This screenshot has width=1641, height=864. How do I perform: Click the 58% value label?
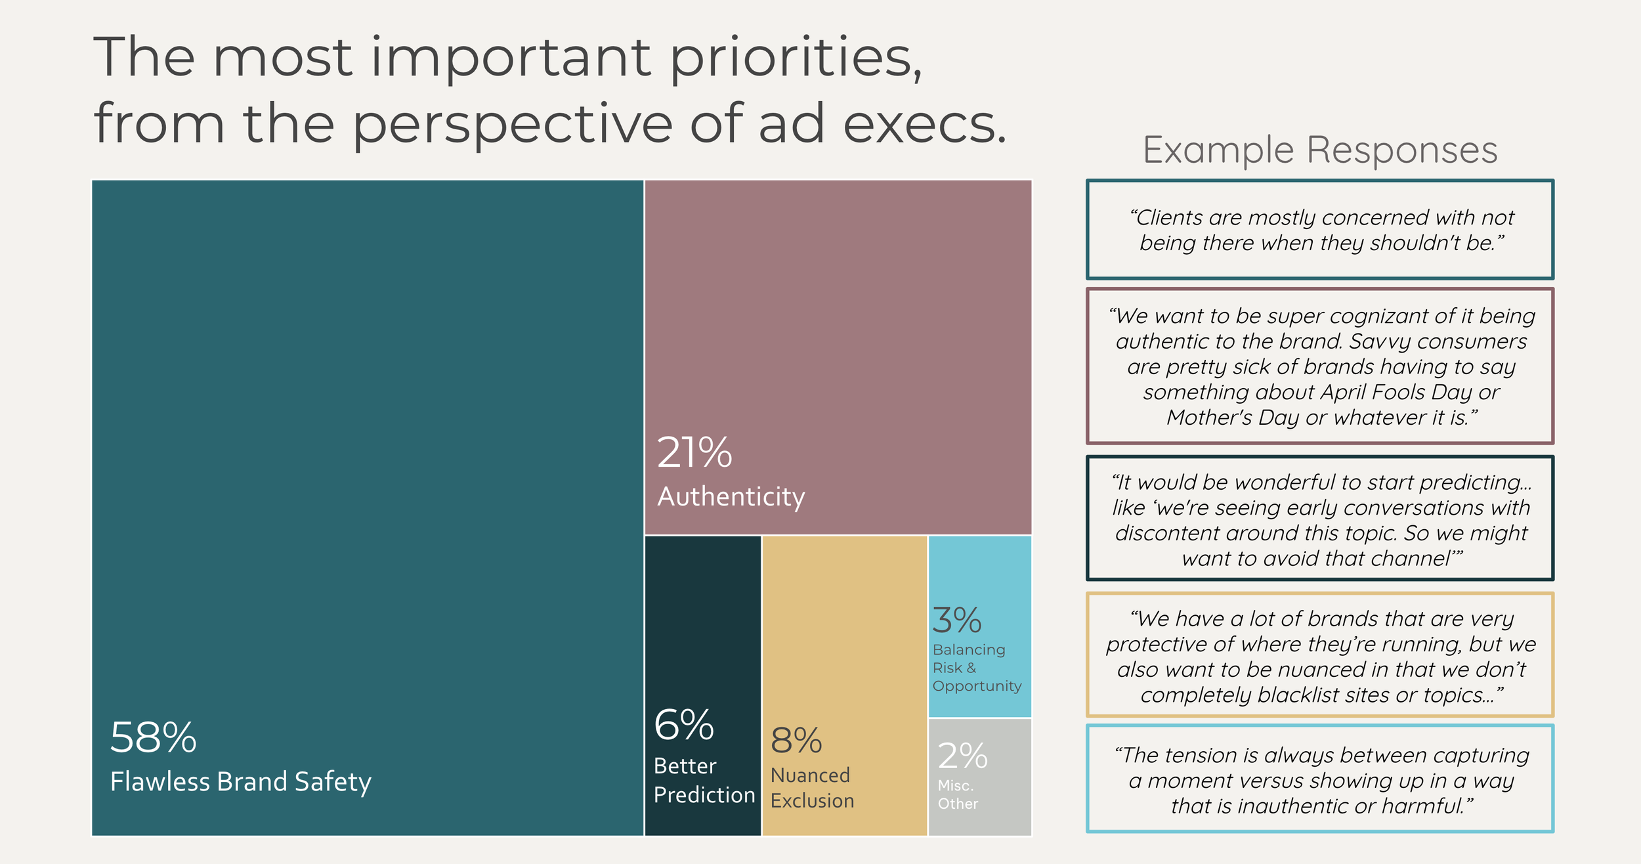pyautogui.click(x=153, y=738)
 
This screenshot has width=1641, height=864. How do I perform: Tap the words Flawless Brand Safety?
pyautogui.click(x=240, y=782)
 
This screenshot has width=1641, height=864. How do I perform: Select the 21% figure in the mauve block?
pyautogui.click(x=694, y=453)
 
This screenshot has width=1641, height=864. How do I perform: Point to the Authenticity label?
pyautogui.click(x=731, y=497)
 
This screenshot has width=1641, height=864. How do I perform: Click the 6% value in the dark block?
pyautogui.click(x=683, y=725)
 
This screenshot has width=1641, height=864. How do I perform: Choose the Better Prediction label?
pyautogui.click(x=704, y=781)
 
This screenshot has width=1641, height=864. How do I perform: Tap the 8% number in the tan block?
pyautogui.click(x=796, y=741)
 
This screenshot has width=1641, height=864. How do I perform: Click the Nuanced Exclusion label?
pyautogui.click(x=812, y=788)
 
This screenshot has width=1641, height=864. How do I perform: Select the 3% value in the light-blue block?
pyautogui.click(x=957, y=620)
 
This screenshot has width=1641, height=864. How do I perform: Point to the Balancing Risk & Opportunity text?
pyautogui.click(x=976, y=668)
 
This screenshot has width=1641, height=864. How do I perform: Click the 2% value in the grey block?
pyautogui.click(x=962, y=756)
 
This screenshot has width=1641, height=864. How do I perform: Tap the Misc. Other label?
pyautogui.click(x=957, y=794)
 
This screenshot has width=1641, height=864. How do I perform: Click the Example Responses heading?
pyautogui.click(x=1320, y=150)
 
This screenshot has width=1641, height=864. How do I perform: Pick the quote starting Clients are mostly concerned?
pyautogui.click(x=1321, y=230)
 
